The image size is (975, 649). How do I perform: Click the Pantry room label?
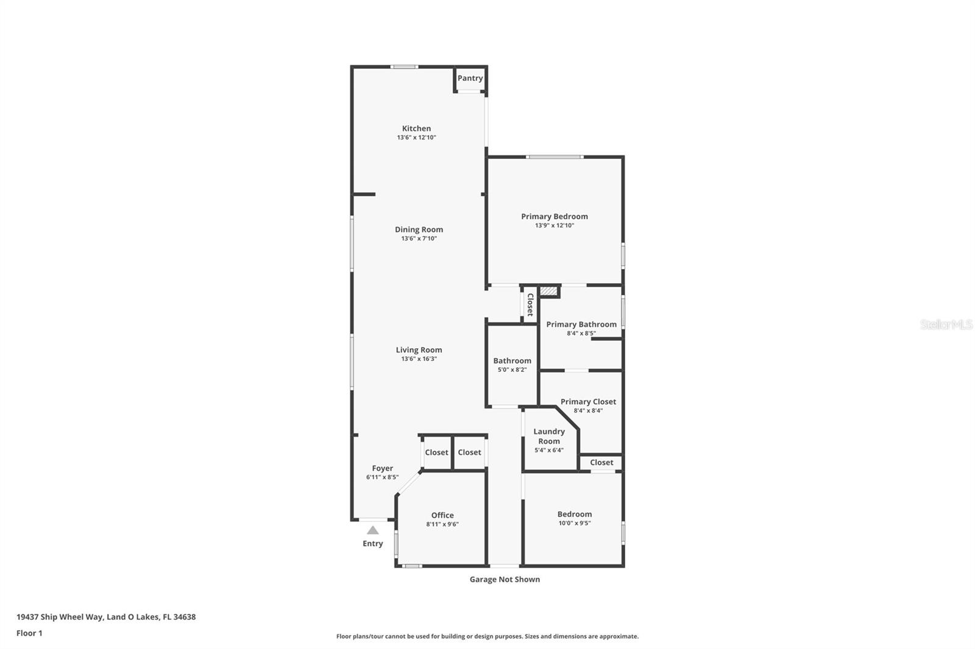click(470, 78)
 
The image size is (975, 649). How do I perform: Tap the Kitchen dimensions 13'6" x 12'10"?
click(416, 138)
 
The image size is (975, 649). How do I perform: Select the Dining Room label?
click(419, 230)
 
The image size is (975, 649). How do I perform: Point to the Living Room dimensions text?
click(419, 359)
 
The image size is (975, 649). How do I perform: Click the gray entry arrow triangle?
click(372, 530)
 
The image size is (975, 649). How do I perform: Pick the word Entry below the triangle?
click(372, 544)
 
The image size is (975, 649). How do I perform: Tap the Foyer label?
click(382, 468)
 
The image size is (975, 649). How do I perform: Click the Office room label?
click(442, 515)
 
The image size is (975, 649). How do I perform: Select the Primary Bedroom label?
click(554, 216)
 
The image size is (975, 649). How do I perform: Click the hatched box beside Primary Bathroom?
click(548, 292)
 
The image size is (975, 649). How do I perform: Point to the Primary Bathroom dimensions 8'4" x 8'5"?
click(581, 333)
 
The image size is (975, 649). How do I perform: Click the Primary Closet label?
click(588, 401)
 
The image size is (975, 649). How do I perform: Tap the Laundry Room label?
click(548, 436)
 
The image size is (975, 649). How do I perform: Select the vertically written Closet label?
click(530, 304)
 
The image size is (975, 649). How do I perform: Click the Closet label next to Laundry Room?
click(601, 462)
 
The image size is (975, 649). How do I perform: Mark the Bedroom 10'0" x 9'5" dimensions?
click(574, 523)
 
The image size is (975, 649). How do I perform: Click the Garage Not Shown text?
click(505, 579)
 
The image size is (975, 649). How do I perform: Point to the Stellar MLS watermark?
click(946, 324)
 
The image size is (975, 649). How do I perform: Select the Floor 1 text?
click(29, 633)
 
